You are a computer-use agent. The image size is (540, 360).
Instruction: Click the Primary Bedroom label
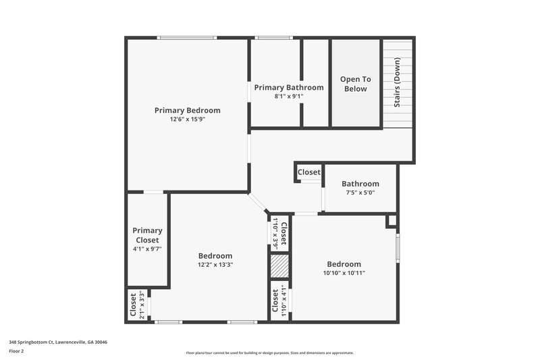point(187,110)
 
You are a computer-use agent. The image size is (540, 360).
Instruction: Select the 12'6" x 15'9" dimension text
point(187,120)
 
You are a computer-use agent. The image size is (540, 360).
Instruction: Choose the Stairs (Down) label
point(398,84)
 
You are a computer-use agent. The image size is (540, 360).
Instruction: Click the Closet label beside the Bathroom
point(309,172)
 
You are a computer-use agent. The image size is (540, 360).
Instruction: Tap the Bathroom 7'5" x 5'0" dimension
point(360,192)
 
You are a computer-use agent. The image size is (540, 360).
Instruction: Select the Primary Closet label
point(146,235)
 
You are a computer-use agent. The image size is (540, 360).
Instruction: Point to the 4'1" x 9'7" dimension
point(146,249)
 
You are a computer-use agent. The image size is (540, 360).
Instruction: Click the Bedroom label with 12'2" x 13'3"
point(215,256)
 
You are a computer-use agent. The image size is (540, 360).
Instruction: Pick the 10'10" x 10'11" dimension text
point(344,273)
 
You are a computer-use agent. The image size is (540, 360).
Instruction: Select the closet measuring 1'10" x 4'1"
point(279,302)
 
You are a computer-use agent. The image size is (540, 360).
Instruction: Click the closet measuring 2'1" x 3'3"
point(137,305)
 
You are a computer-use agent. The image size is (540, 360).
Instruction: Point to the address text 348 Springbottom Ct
point(57,342)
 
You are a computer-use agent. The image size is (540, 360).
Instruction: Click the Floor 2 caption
point(17,351)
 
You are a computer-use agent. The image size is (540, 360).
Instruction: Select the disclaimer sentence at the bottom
point(269,353)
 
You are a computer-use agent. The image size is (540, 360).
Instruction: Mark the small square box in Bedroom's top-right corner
point(391,221)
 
